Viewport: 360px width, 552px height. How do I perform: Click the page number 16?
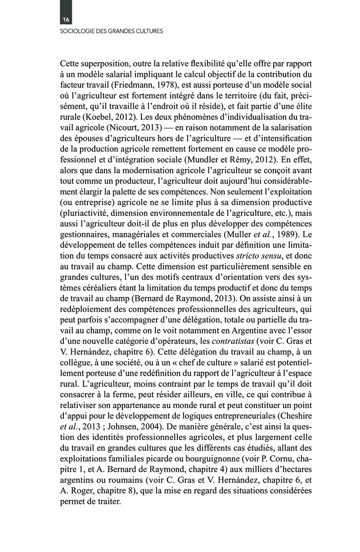tap(66, 20)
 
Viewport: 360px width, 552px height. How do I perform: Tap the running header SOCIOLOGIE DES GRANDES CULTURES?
tap(111, 31)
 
